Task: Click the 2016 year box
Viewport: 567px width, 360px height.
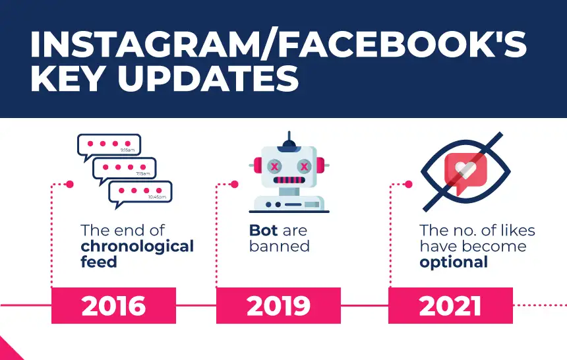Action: click(x=113, y=305)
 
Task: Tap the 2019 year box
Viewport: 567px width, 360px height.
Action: click(x=278, y=305)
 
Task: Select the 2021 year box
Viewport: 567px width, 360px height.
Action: click(x=450, y=305)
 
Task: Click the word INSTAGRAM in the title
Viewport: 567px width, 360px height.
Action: click(x=145, y=45)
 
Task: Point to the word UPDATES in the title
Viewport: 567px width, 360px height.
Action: click(x=208, y=79)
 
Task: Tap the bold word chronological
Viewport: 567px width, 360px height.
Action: click(x=137, y=247)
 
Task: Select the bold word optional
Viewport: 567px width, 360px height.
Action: click(x=454, y=262)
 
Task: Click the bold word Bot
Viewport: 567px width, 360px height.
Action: click(x=263, y=231)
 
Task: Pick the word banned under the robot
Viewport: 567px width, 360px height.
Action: click(x=279, y=247)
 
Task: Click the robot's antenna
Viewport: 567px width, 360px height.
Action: click(x=289, y=139)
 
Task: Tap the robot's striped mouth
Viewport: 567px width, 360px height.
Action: click(x=289, y=180)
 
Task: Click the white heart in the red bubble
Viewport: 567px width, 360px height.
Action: click(x=465, y=169)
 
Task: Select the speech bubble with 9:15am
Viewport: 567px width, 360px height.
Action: click(x=109, y=146)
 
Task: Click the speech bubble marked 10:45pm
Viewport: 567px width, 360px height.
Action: click(x=140, y=193)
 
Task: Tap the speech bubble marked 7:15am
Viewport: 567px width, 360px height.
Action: click(x=125, y=169)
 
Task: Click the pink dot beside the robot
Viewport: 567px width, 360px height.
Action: click(x=234, y=185)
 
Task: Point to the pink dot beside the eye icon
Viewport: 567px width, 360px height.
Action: click(x=409, y=185)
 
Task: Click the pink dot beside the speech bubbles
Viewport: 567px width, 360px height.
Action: click(x=70, y=185)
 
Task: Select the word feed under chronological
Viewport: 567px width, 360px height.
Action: click(x=99, y=262)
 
